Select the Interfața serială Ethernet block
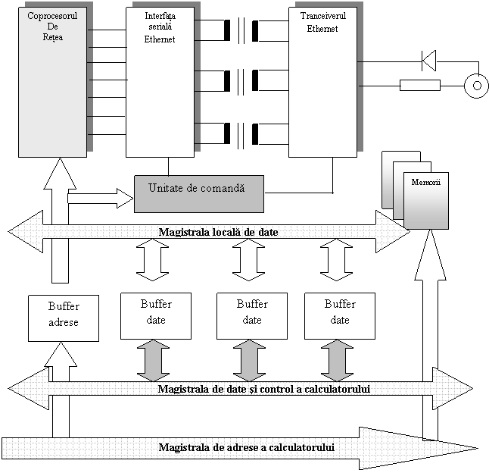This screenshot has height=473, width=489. [x=160, y=83]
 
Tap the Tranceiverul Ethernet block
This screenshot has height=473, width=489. [x=322, y=83]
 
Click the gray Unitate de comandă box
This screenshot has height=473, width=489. [x=199, y=194]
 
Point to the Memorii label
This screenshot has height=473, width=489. [x=426, y=183]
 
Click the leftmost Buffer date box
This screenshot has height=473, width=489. [x=156, y=312]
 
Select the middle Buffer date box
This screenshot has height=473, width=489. [x=252, y=312]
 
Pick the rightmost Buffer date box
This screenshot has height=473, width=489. [x=340, y=312]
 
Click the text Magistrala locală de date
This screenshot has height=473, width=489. [x=218, y=232]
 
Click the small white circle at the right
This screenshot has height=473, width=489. [x=476, y=86]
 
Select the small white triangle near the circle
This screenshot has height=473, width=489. [x=430, y=60]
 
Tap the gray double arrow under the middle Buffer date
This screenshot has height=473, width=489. [x=248, y=360]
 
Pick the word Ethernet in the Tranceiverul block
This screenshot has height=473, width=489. [x=322, y=29]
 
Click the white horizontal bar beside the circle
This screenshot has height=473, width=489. [x=420, y=85]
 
